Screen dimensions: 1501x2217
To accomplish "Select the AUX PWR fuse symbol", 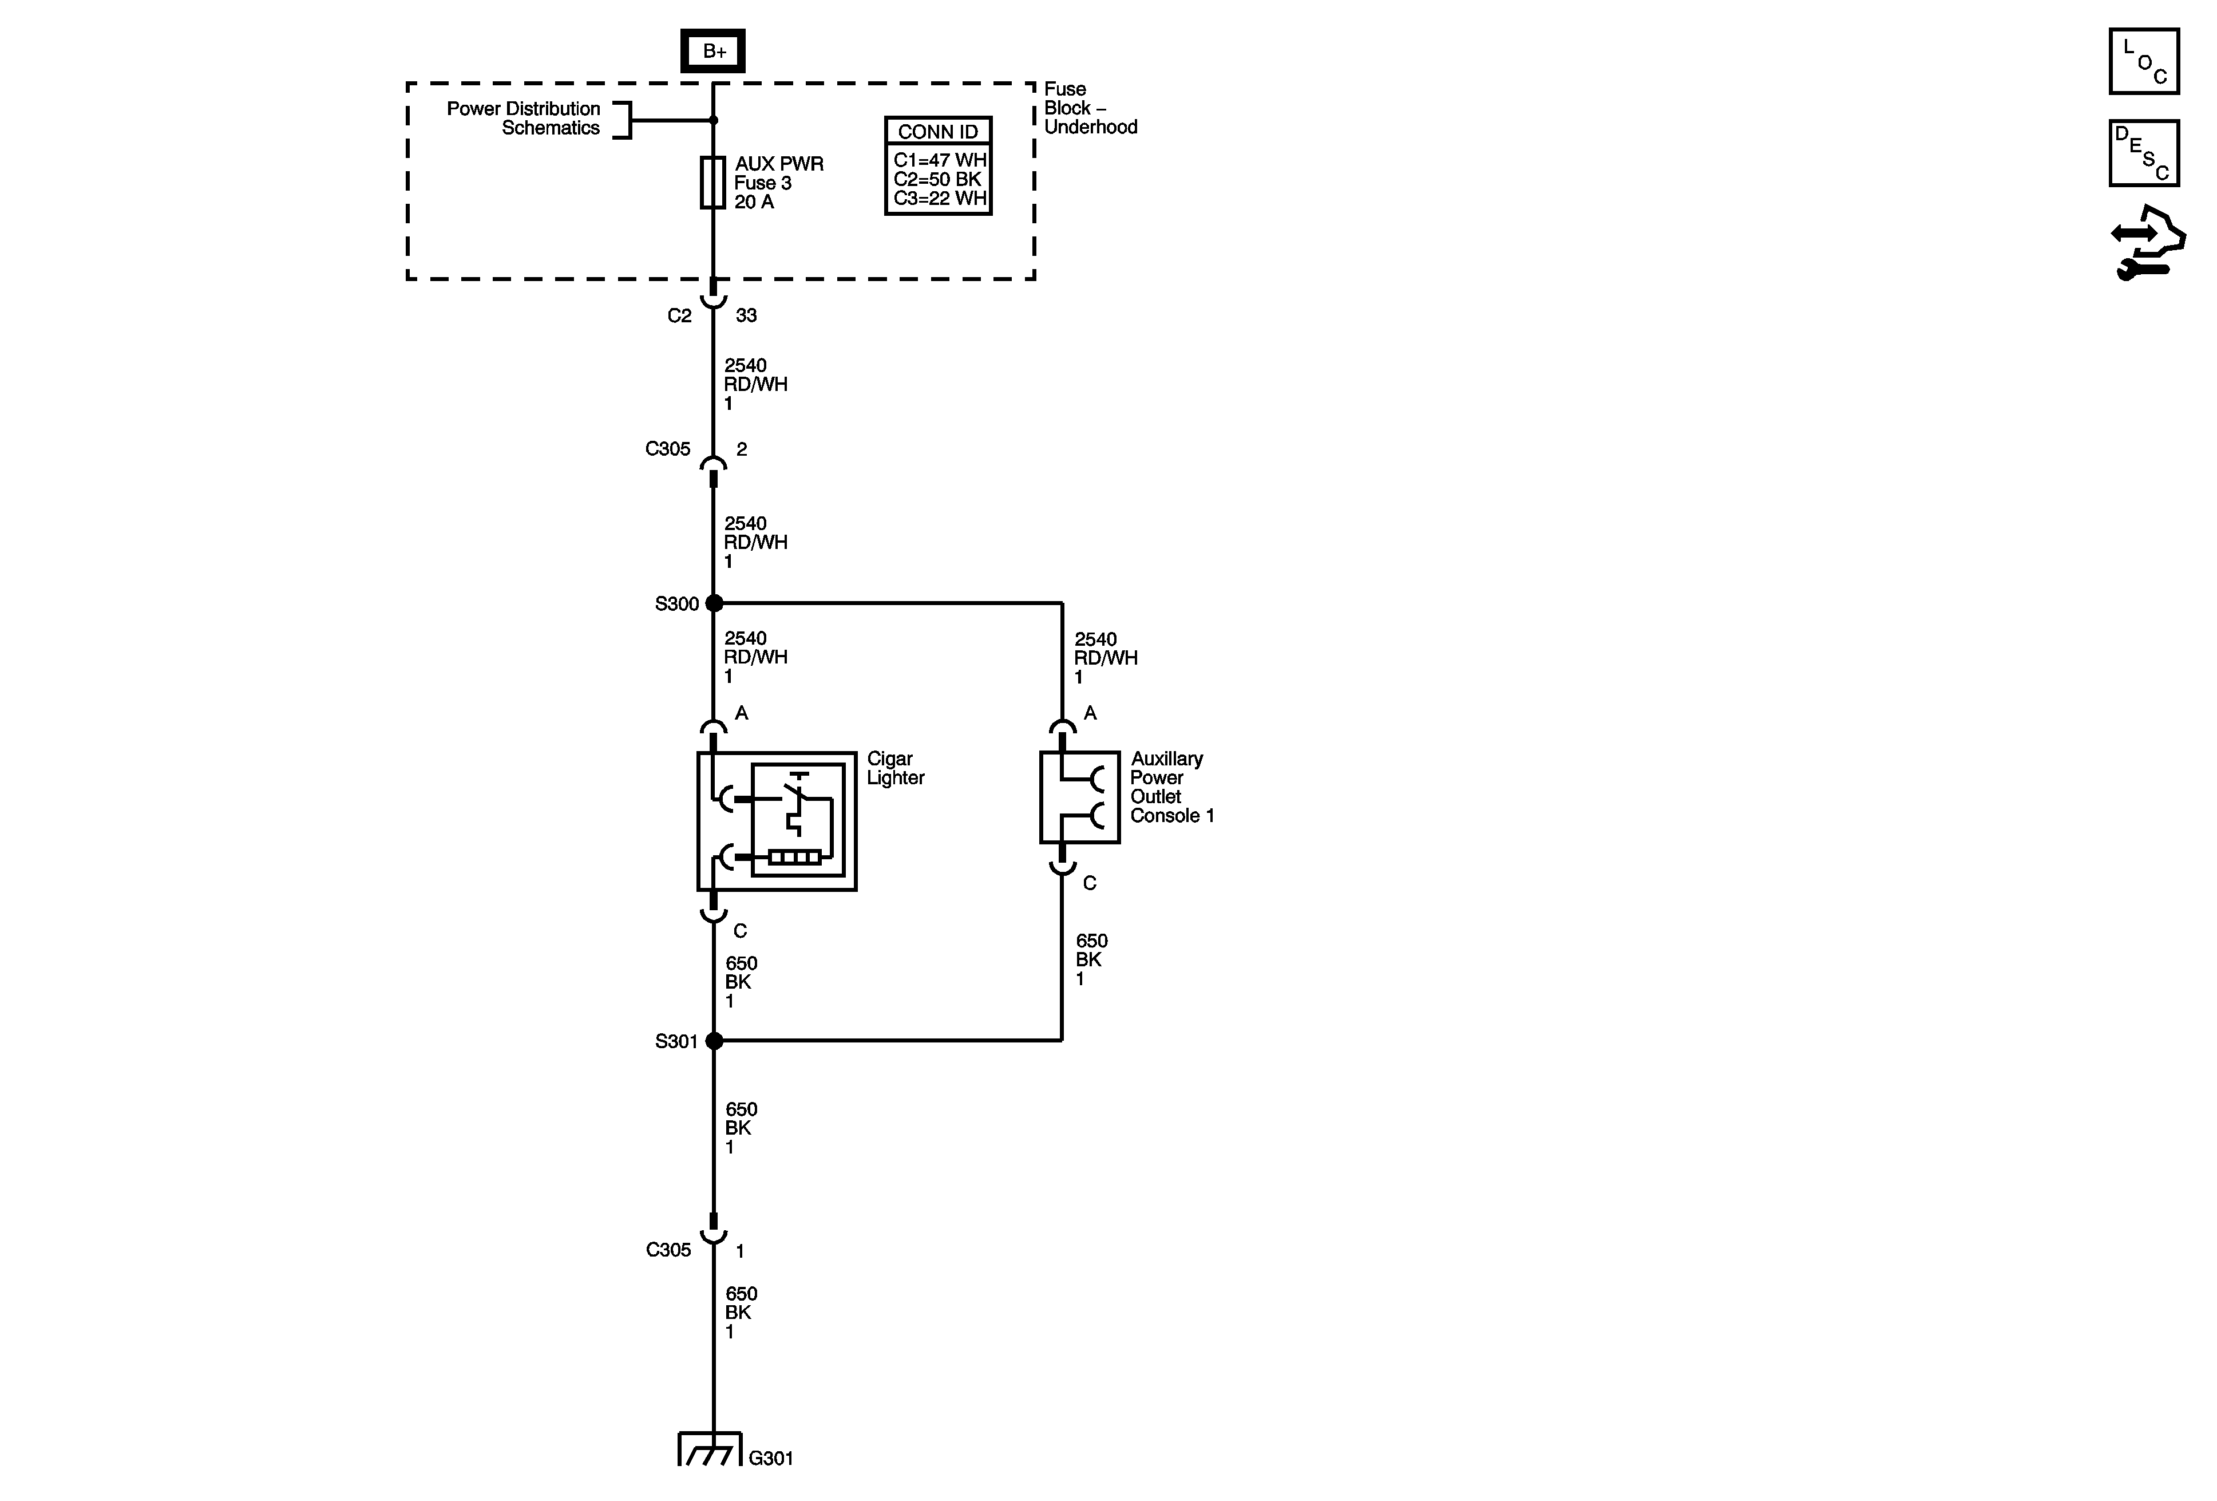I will [x=712, y=181].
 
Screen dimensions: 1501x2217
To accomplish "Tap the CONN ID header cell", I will [x=938, y=132].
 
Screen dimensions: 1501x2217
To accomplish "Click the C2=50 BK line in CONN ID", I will [x=938, y=179].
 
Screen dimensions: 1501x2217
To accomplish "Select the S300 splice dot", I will [x=714, y=603].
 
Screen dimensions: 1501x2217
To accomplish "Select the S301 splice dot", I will [x=714, y=1041].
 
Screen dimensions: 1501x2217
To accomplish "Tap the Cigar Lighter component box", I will [x=777, y=821].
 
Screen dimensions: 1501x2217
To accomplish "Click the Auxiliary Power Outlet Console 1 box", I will [x=1079, y=797].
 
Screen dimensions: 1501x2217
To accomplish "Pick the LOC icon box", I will [x=2144, y=62].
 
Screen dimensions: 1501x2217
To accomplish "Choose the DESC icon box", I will [x=2144, y=153].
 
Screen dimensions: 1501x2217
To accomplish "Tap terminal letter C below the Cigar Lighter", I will [x=741, y=930].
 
